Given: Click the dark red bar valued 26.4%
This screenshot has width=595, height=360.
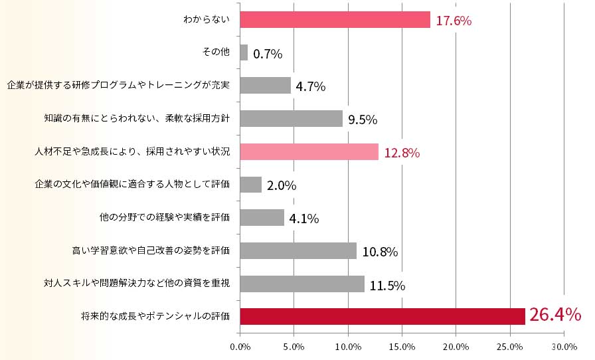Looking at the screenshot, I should pyautogui.click(x=382, y=316).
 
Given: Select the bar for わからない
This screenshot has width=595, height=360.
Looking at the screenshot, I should pyautogui.click(x=335, y=20).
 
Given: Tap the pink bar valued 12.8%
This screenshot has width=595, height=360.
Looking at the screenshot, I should pyautogui.click(x=308, y=151).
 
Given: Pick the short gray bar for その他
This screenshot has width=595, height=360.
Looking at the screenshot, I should pyautogui.click(x=244, y=52).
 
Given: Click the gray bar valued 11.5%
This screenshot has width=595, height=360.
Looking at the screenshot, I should pyautogui.click(x=301, y=284).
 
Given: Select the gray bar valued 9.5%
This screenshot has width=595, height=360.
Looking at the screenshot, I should pyautogui.click(x=291, y=118).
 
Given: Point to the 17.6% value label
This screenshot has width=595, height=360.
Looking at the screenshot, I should pyautogui.click(x=454, y=21).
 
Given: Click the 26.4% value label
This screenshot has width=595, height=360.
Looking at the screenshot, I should pyautogui.click(x=554, y=315).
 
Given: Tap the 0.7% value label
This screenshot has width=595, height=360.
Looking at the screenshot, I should pyautogui.click(x=268, y=54).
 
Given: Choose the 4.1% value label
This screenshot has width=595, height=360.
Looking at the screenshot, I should pyautogui.click(x=304, y=219).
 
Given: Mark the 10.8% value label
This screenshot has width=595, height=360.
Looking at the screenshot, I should pyautogui.click(x=380, y=252).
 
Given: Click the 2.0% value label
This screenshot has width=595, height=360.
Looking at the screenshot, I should pyautogui.click(x=282, y=185).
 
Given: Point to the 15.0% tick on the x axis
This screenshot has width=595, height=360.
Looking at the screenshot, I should pyautogui.click(x=402, y=347).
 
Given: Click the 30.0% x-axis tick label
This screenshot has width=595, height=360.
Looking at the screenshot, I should pyautogui.click(x=564, y=347).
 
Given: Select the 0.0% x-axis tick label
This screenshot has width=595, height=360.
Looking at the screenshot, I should pyautogui.click(x=240, y=347).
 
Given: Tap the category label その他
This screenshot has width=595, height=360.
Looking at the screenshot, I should pyautogui.click(x=215, y=52).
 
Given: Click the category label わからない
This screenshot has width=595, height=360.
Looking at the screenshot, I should pyautogui.click(x=207, y=20).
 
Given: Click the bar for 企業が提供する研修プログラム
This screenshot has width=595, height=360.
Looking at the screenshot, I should pyautogui.click(x=265, y=85).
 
